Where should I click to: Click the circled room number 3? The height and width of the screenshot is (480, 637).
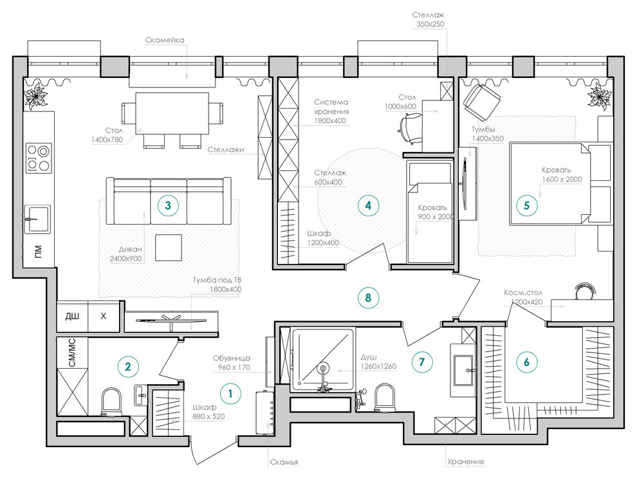pos(168,205)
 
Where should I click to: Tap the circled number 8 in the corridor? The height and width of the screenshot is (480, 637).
pos(368,298)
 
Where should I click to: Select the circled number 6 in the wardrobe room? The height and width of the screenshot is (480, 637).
pos(526,362)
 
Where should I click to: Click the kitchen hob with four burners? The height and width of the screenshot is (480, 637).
pos(39,158)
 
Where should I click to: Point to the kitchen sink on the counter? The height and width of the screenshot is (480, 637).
pos(37,219)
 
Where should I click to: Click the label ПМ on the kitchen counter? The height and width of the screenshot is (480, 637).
pos(38,251)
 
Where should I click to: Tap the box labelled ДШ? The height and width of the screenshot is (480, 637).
pos(72,315)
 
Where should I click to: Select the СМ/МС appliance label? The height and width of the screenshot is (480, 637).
pos(72,352)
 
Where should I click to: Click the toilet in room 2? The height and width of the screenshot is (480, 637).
pos(111,402)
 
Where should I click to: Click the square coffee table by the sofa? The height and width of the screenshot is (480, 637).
pos(168,247)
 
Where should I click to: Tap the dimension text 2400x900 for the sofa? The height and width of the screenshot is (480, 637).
pos(125,258)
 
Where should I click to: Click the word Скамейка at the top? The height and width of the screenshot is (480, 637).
pos(165,40)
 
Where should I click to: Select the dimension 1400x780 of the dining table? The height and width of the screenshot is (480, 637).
pos(107,140)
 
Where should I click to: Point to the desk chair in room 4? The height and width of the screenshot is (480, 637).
pos(409,128)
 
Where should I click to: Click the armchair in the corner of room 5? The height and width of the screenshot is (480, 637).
pos(482,102)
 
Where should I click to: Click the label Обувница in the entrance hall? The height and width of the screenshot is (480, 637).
pos(232,358)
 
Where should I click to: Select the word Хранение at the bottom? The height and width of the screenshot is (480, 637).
pos(466,461)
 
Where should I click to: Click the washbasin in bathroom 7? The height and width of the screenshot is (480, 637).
pos(463,371)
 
